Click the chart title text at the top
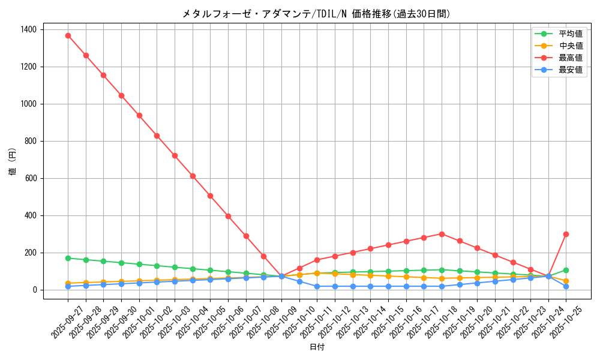316,14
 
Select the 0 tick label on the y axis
35,290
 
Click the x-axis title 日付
316,347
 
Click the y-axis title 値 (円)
13,162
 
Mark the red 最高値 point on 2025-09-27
68,35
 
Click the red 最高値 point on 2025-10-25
566,234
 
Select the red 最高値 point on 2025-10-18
442,234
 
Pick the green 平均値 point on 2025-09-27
68,258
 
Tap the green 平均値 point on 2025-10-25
566,270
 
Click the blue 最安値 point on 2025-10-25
566,286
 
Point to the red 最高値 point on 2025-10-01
139,115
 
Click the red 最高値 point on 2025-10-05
210,196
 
